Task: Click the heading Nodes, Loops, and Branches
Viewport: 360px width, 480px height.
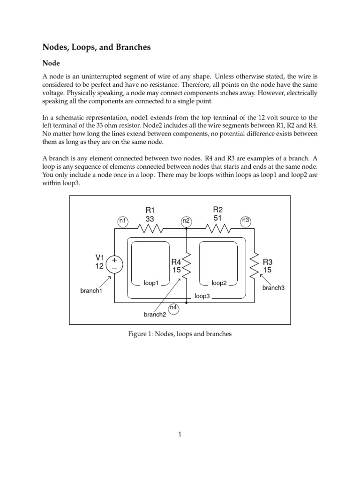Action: tap(97, 47)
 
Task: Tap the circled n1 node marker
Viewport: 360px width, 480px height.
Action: tap(122, 220)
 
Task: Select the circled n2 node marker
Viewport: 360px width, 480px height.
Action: tap(186, 220)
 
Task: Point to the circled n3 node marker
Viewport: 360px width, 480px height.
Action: tap(245, 220)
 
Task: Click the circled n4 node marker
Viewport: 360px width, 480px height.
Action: tap(173, 308)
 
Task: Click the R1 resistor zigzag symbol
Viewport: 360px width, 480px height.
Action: tap(150, 229)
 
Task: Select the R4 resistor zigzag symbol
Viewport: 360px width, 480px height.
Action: tap(187, 265)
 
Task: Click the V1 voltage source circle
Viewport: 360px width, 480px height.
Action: tap(114, 264)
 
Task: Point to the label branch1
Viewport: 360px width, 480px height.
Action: tap(91, 291)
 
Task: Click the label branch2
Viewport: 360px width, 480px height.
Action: tap(155, 315)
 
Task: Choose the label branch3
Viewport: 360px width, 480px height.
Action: tap(273, 288)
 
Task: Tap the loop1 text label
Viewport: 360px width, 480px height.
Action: tap(151, 284)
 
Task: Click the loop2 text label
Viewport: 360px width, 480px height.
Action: tap(219, 283)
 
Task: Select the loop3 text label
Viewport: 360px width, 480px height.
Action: tap(202, 297)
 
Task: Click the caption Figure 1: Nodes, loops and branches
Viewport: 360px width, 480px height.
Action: tap(180, 334)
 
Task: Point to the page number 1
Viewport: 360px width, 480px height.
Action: tap(180, 435)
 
